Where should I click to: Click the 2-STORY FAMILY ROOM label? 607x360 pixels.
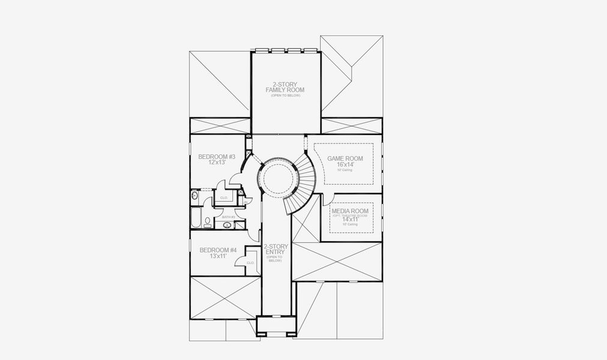tap(285, 87)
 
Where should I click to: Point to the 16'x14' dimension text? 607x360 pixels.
tap(344, 165)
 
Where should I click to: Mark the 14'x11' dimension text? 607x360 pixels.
tap(351, 220)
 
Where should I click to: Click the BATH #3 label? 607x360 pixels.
tap(228, 217)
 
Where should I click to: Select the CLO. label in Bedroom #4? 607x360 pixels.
tap(250, 262)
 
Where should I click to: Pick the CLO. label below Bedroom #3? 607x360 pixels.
tap(224, 197)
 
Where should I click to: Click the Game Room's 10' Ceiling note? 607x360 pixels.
tap(344, 171)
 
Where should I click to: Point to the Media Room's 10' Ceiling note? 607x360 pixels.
tap(351, 225)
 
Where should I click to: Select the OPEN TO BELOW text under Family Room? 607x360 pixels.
tap(285, 96)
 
